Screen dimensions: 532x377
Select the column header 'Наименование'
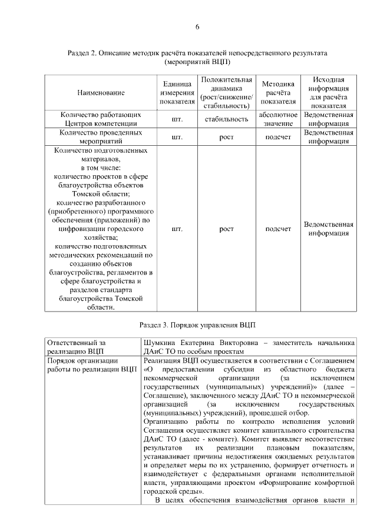[x=101, y=93]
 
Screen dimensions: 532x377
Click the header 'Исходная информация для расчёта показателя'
[x=329, y=93]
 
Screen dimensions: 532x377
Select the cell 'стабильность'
[x=226, y=119]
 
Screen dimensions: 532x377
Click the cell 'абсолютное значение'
[x=278, y=119]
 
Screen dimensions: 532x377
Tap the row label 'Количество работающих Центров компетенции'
[x=101, y=119]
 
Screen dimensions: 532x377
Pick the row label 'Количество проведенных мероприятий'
[x=101, y=138]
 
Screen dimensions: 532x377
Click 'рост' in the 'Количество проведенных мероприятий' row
[x=226, y=138]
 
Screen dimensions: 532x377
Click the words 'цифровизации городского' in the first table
[x=101, y=229]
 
